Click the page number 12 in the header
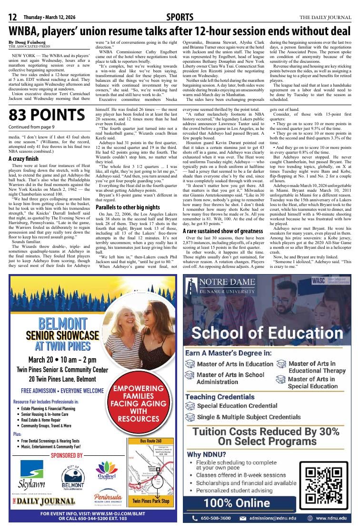tap(13, 18)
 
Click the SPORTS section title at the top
tap(180, 18)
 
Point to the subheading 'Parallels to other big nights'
tap(128, 207)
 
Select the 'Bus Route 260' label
tap(150, 441)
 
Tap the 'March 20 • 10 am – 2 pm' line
tap(62, 360)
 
